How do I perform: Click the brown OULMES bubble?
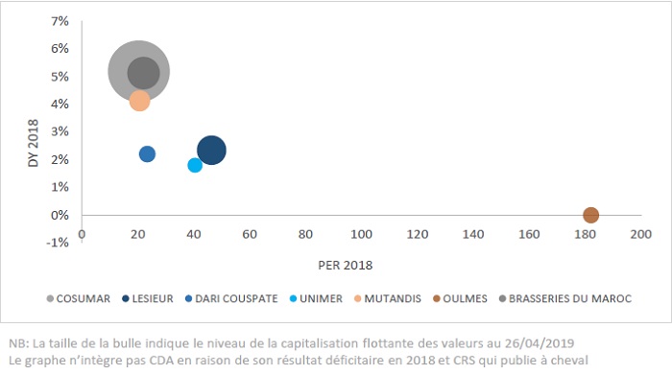pos(590,215)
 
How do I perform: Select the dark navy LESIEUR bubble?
pos(211,150)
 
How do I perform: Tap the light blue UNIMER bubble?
pos(195,165)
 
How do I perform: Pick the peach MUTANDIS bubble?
pos(139,101)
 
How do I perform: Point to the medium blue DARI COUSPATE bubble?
pos(147,153)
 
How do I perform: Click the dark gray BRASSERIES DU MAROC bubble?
pos(143,72)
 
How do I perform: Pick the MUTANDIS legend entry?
pos(388,298)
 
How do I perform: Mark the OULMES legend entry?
pos(460,298)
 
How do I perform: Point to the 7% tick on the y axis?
pos(60,20)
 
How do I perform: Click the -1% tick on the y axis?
pos(58,243)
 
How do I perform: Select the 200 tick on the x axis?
pos(640,233)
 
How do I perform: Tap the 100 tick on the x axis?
pos(361,233)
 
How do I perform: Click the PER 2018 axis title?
pos(345,264)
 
